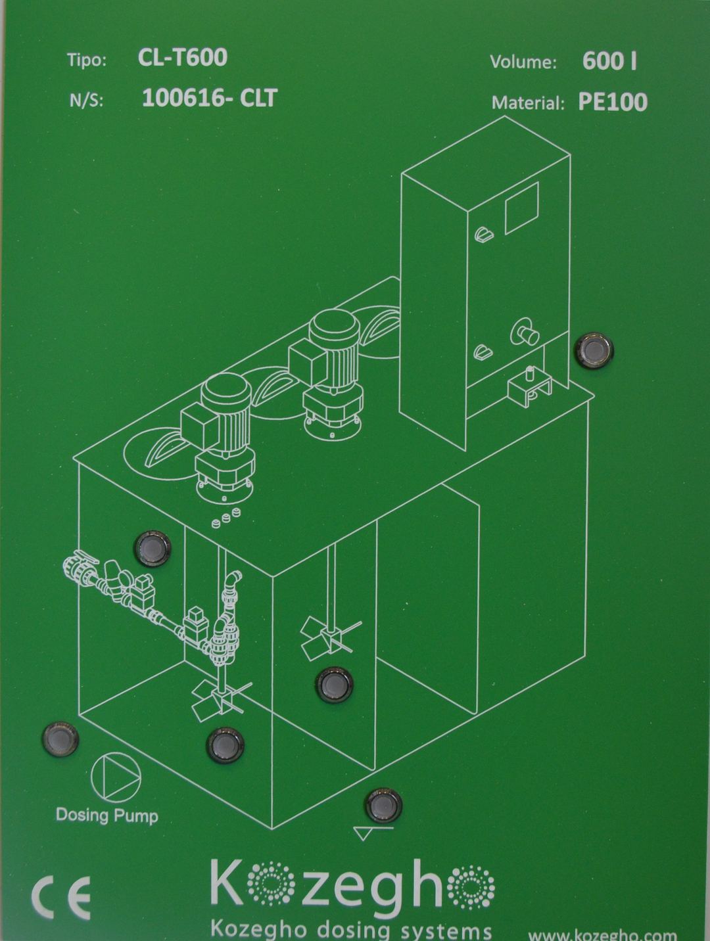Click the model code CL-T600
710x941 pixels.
[182, 57]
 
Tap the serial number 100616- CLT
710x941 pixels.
[210, 98]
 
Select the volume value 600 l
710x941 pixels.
[609, 61]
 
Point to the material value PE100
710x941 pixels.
[613, 102]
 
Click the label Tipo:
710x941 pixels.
[87, 60]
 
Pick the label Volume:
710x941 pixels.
[523, 62]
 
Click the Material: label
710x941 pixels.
[527, 103]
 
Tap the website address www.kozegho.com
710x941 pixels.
[602, 934]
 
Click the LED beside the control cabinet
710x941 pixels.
[594, 350]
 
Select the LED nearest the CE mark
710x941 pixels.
[60, 739]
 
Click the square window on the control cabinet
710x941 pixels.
[522, 208]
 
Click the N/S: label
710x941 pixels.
[85, 101]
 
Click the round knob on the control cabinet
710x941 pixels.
[525, 331]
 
